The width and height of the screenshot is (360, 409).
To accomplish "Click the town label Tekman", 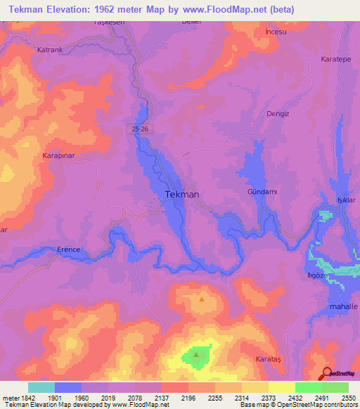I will point(181,194).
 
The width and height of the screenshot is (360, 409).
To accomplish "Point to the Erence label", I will point(70,249).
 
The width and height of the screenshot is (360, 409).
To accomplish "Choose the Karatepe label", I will point(335,60).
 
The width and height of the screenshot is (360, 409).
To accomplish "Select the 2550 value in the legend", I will point(349,397).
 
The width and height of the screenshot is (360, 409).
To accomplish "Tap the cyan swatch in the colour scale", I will point(41,387).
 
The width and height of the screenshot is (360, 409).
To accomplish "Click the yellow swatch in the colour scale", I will point(282,387).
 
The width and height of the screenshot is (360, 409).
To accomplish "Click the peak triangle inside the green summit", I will point(196,354).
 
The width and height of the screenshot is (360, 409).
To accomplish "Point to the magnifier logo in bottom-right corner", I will point(326,373).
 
